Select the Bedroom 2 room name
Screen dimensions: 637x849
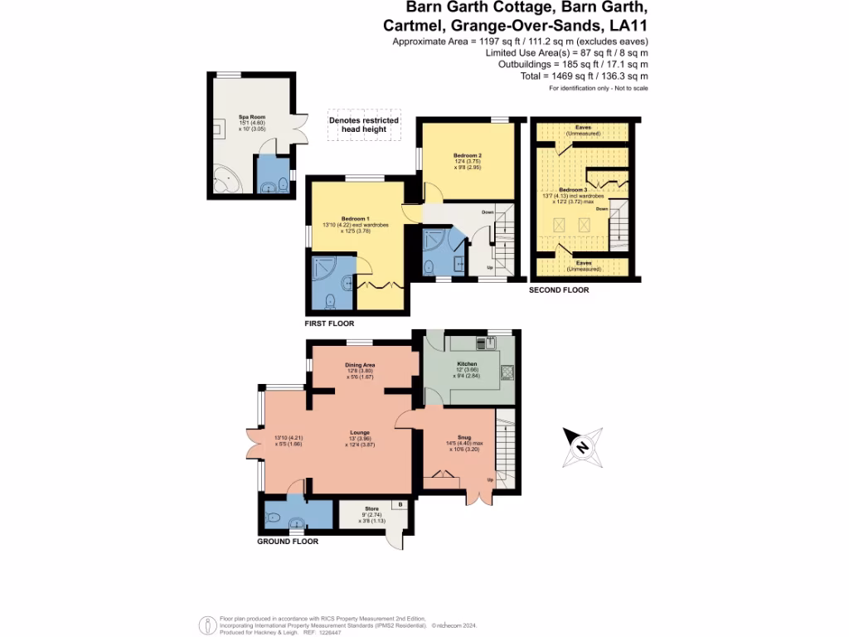click(468, 156)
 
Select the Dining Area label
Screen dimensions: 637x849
click(361, 365)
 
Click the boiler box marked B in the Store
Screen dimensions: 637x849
click(400, 504)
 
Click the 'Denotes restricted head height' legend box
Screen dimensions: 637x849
click(364, 125)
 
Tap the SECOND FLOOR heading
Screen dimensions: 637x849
click(560, 290)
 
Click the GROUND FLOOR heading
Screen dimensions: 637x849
click(288, 541)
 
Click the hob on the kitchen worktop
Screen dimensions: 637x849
click(507, 372)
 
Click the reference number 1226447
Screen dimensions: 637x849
click(352, 631)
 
